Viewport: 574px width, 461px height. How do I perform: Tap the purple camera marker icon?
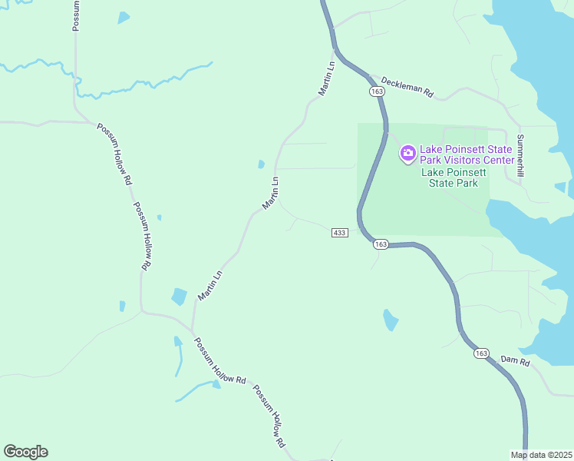[x=407, y=154]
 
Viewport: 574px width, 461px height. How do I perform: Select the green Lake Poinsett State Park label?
[x=454, y=177]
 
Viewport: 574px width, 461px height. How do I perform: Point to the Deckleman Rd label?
[x=407, y=87]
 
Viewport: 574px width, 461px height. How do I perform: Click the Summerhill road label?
[x=520, y=157]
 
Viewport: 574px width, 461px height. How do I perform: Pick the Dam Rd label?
[x=515, y=360]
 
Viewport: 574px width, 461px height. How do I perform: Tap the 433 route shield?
[x=341, y=232]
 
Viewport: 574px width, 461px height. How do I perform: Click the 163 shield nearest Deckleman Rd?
[x=376, y=91]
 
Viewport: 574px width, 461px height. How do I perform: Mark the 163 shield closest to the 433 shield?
[x=381, y=244]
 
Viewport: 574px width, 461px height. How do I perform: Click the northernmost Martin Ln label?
[x=327, y=78]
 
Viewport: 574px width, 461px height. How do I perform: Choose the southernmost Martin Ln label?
[x=209, y=285]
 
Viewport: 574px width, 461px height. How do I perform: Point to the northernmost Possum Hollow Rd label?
[x=114, y=154]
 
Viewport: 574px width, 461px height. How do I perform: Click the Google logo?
[x=26, y=452]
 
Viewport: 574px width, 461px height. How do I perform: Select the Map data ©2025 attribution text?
[x=542, y=454]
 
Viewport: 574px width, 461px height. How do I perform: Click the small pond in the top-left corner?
[x=123, y=18]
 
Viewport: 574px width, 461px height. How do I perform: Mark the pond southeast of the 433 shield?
[x=391, y=319]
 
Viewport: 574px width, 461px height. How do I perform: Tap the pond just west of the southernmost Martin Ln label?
[x=179, y=297]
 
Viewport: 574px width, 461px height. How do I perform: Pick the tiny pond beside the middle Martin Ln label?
[x=262, y=164]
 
